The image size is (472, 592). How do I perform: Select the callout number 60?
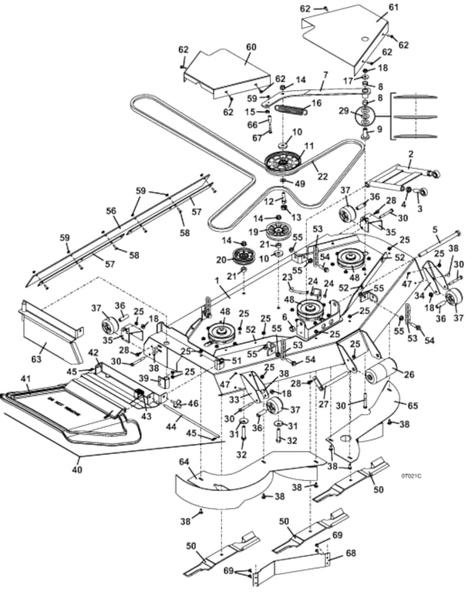point(251,47)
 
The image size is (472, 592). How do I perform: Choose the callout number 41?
point(25,378)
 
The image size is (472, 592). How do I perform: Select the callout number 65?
point(413,405)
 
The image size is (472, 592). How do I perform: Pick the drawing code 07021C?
point(412,476)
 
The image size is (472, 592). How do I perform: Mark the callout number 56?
point(111,210)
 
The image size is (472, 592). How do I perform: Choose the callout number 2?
point(412,154)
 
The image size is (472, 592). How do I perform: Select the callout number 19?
point(252,230)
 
